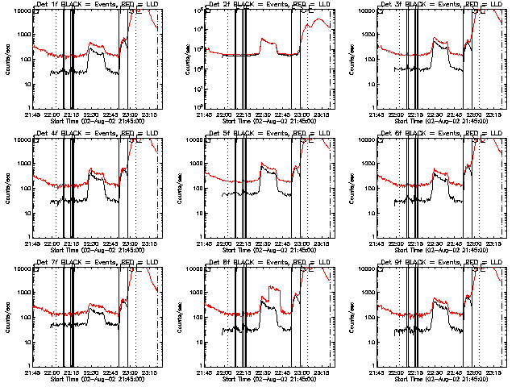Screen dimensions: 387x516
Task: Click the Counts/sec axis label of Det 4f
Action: point(9,189)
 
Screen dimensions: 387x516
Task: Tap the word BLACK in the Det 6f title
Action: point(415,134)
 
